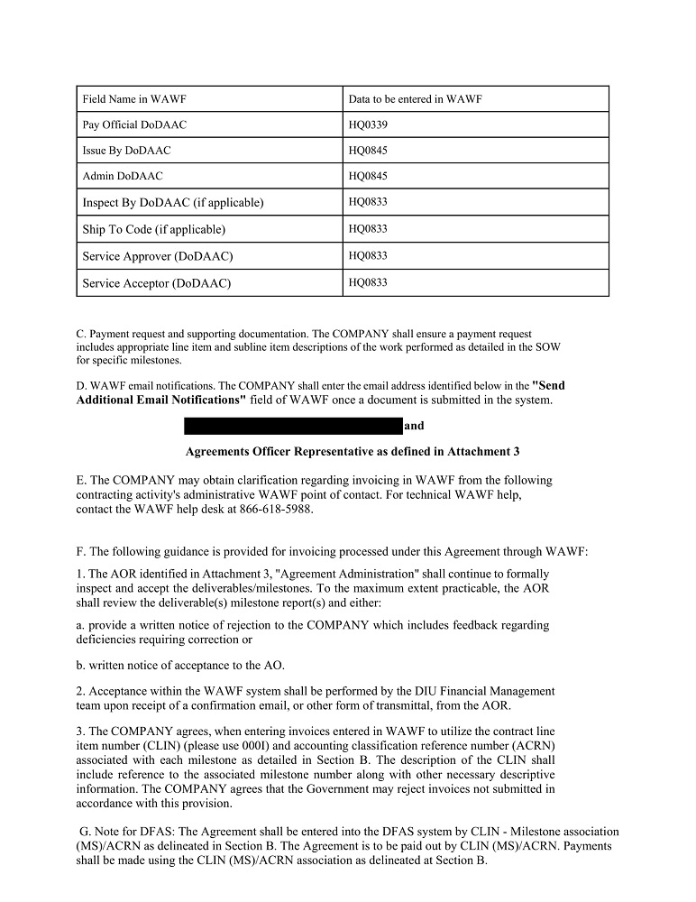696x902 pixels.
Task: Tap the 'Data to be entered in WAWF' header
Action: [x=415, y=99]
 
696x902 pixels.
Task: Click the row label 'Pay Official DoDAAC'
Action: [x=134, y=124]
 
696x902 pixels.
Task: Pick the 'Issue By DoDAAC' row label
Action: [x=126, y=151]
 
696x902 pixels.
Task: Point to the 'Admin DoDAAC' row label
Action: [x=123, y=176]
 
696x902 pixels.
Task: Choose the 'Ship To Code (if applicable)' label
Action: [x=154, y=229]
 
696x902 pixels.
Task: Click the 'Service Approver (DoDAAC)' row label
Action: [x=158, y=256]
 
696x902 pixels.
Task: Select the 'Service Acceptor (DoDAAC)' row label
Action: [x=157, y=283]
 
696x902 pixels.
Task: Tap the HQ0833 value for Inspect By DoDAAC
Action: [x=368, y=202]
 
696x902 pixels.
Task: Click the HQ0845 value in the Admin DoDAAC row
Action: [x=368, y=176]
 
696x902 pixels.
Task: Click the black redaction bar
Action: [x=293, y=426]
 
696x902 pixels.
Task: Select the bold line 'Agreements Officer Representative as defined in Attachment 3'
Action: [x=352, y=451]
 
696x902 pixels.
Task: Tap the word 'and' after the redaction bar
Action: [x=414, y=426]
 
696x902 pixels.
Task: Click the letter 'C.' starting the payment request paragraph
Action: [x=81, y=334]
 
